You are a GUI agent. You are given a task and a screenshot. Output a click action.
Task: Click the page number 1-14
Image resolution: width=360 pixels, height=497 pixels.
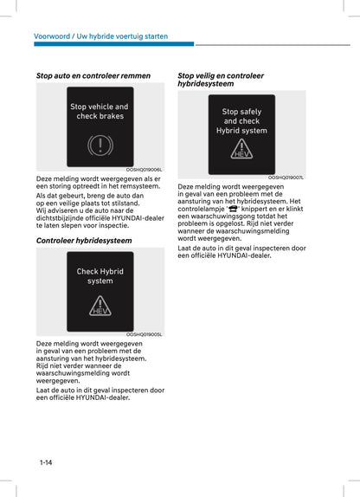(46, 462)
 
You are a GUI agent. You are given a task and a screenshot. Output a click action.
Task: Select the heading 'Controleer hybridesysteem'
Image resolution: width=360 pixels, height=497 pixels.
(84, 240)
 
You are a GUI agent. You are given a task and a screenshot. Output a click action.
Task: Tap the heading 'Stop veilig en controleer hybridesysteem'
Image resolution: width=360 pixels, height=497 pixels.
(221, 80)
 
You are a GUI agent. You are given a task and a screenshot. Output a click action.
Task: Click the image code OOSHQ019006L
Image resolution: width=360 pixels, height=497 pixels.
(145, 171)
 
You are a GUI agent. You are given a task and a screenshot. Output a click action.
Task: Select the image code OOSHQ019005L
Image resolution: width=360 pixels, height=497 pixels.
(145, 335)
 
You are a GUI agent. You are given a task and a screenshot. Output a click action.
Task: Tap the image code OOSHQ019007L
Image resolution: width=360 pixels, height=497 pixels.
(286, 177)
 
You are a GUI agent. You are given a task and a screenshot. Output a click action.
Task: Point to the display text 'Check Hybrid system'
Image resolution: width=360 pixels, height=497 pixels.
(100, 276)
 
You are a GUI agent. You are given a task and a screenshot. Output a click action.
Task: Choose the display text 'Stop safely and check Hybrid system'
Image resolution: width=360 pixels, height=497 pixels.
(241, 121)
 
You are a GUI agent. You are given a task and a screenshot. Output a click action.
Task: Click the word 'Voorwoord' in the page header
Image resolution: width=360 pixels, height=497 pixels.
(54, 36)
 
